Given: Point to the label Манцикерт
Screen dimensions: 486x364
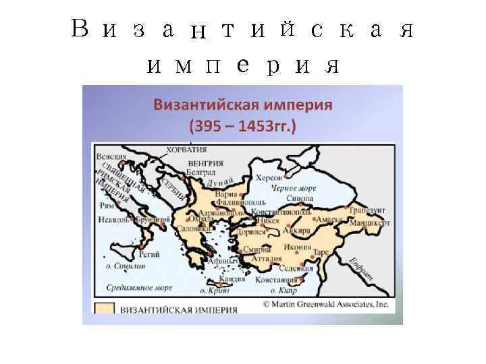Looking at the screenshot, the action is click(369, 222).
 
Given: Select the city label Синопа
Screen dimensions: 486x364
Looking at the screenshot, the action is click(299, 200).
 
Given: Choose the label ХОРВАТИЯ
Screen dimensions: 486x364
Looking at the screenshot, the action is click(186, 150).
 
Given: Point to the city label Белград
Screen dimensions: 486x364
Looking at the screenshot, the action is click(201, 172).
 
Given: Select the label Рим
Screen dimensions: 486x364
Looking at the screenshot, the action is click(105, 207).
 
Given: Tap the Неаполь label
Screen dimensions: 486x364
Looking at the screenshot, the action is click(110, 220).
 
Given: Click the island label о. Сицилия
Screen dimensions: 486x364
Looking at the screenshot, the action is click(122, 266).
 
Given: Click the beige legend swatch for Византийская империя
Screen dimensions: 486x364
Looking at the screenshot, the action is click(104, 310).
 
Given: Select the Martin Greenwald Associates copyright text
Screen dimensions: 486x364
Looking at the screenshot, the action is click(326, 303).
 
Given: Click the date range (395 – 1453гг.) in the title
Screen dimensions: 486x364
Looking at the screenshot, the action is click(242, 125).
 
